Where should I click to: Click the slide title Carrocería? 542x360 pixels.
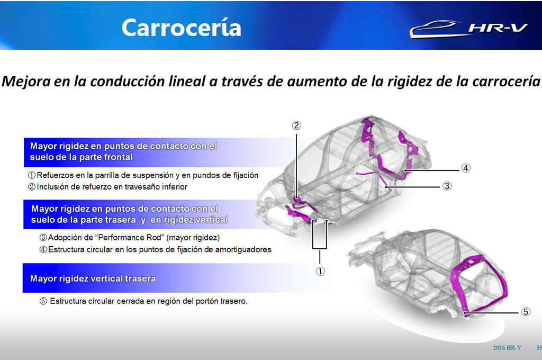[181, 28]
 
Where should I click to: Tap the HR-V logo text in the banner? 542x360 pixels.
[498, 28]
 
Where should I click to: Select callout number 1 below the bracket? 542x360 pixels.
[320, 272]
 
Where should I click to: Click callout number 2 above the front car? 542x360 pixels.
[296, 125]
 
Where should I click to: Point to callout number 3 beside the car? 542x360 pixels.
[447, 186]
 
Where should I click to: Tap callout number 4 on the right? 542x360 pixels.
[466, 168]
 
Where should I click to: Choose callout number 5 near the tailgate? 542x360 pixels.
[526, 312]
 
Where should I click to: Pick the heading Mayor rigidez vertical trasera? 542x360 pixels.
[93, 278]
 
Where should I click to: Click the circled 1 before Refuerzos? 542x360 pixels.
[31, 175]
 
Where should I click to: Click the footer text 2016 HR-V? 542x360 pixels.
[507, 348]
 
